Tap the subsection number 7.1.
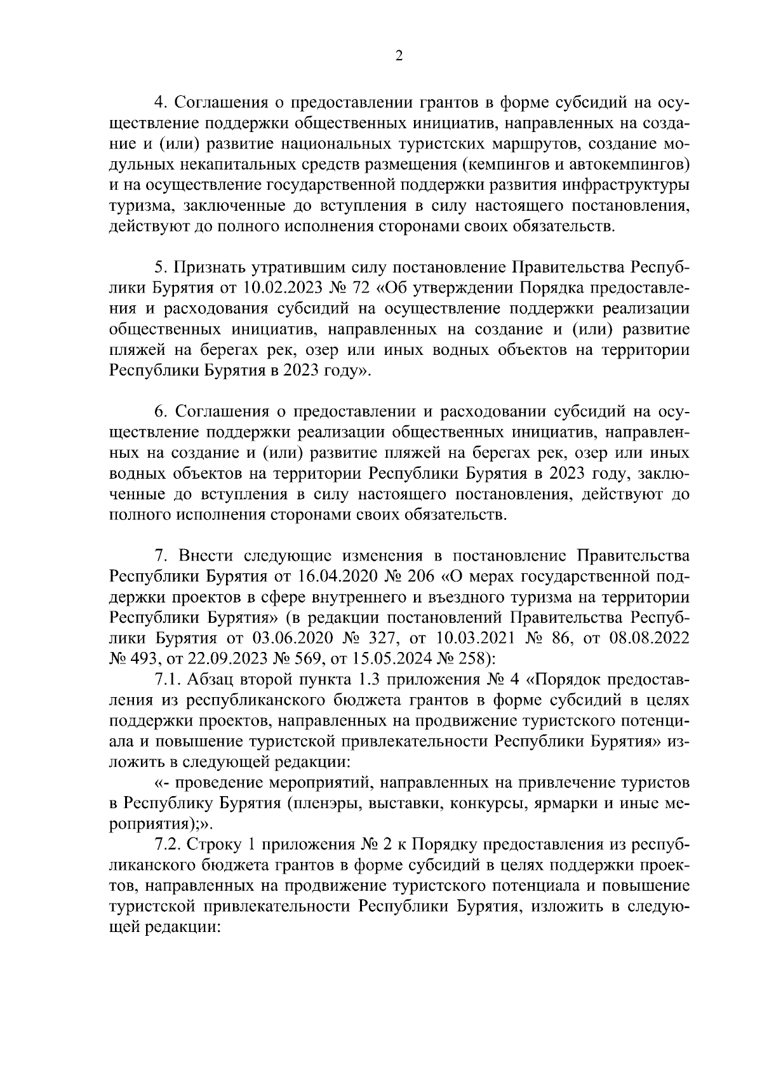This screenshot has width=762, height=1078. click(168, 679)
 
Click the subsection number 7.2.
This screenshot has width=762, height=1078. click(168, 845)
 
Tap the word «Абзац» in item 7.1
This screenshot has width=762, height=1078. click(213, 679)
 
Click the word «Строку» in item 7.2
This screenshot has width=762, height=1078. click(217, 845)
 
